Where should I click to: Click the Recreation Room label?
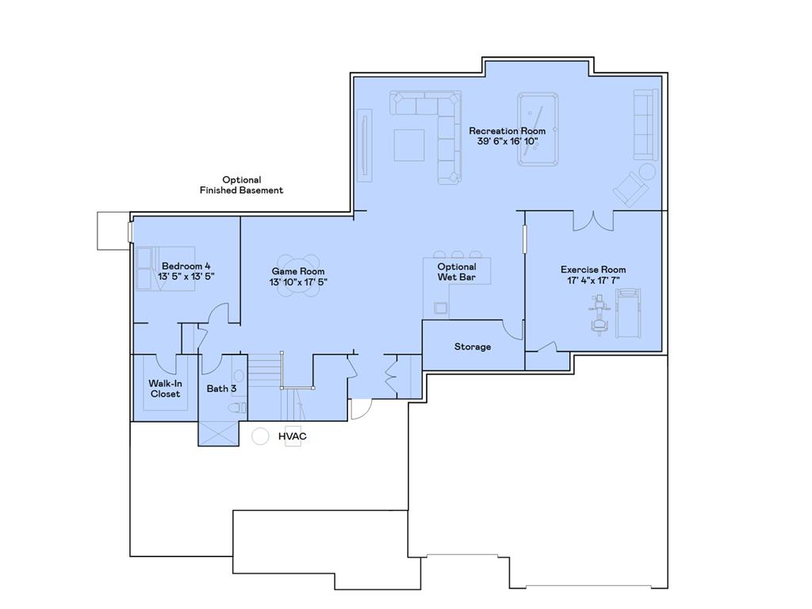point(507,131)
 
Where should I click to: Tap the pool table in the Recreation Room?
point(538,129)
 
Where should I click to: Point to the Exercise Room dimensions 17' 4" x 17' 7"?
point(593,281)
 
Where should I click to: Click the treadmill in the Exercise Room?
point(627,314)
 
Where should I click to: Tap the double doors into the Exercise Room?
point(593,220)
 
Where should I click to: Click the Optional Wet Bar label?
point(457,272)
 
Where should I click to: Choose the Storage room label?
point(473,347)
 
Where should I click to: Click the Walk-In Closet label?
point(165,389)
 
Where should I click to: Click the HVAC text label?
point(292,436)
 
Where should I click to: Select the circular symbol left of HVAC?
point(261,436)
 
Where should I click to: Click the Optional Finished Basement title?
point(241,185)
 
